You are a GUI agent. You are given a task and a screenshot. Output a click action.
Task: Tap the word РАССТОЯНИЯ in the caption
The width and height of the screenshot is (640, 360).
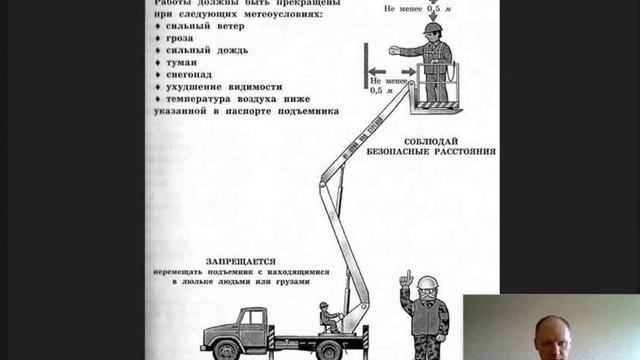[x=461, y=152]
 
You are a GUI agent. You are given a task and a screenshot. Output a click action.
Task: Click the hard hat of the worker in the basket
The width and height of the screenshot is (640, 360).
[x=431, y=29]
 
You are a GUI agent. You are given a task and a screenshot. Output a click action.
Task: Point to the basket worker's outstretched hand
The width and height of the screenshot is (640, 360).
[x=394, y=50]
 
